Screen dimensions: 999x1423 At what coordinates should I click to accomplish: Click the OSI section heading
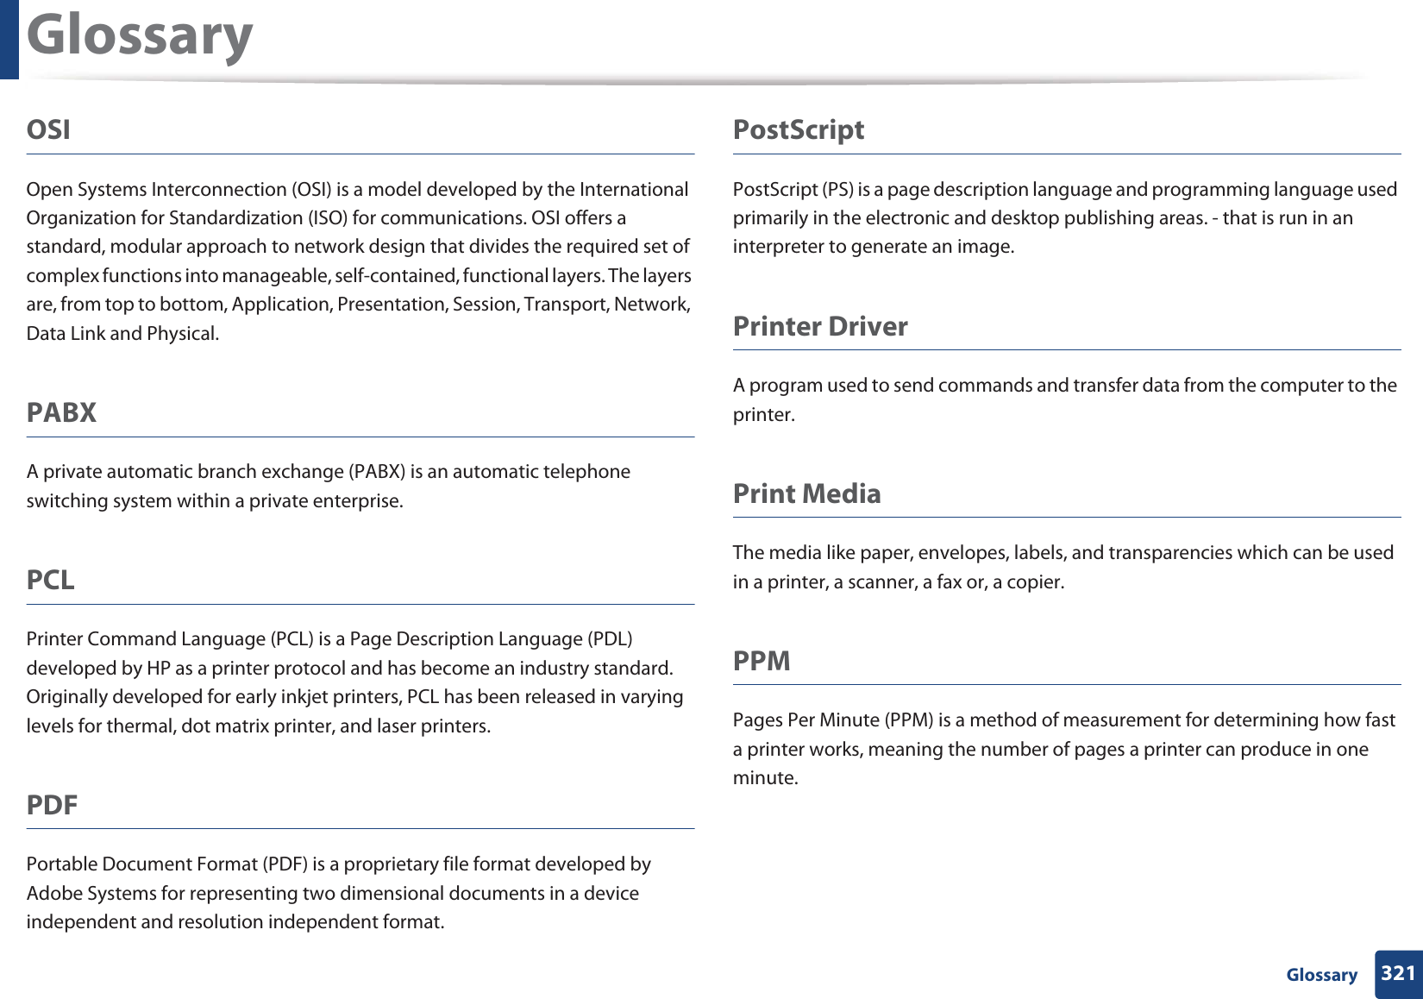click(x=48, y=129)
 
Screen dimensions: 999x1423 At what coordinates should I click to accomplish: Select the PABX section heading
click(x=61, y=412)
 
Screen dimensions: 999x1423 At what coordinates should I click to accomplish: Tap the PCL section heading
click(x=51, y=580)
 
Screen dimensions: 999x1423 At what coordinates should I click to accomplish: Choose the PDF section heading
click(x=52, y=805)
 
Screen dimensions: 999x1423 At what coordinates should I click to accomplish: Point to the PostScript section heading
click(x=798, y=129)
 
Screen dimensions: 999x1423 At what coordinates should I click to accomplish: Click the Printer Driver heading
click(x=819, y=326)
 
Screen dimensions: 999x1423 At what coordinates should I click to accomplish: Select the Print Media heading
click(x=806, y=493)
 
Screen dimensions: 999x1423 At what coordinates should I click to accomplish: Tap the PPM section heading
click(x=762, y=661)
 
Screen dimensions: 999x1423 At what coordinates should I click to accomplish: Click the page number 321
click(x=1398, y=973)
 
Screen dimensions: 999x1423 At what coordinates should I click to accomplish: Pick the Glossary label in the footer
click(x=1321, y=975)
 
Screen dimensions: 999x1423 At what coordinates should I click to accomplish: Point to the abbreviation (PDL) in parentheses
click(x=609, y=639)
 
